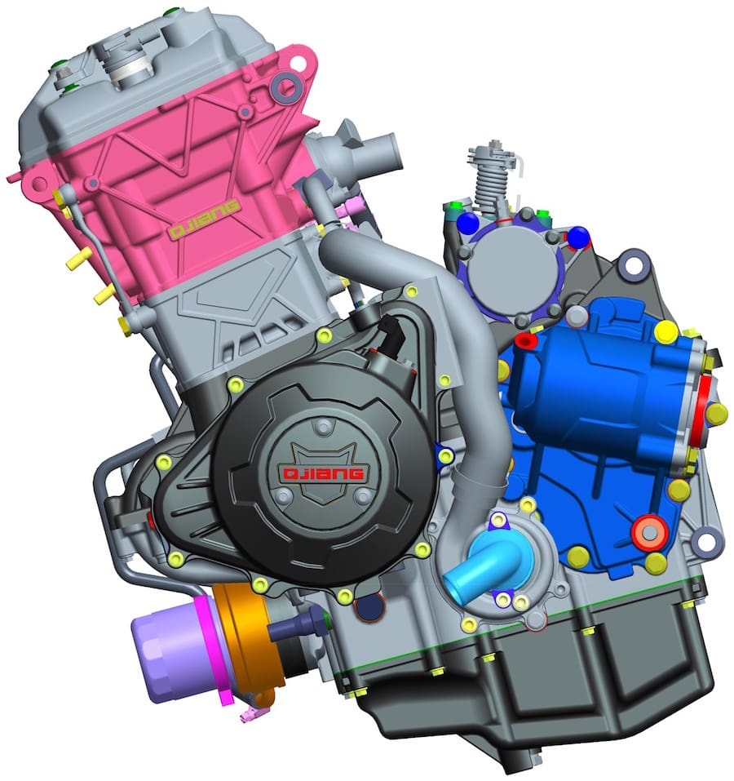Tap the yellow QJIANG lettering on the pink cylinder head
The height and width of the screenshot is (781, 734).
[x=205, y=220]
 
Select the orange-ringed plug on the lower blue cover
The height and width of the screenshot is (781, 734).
[x=648, y=532]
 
